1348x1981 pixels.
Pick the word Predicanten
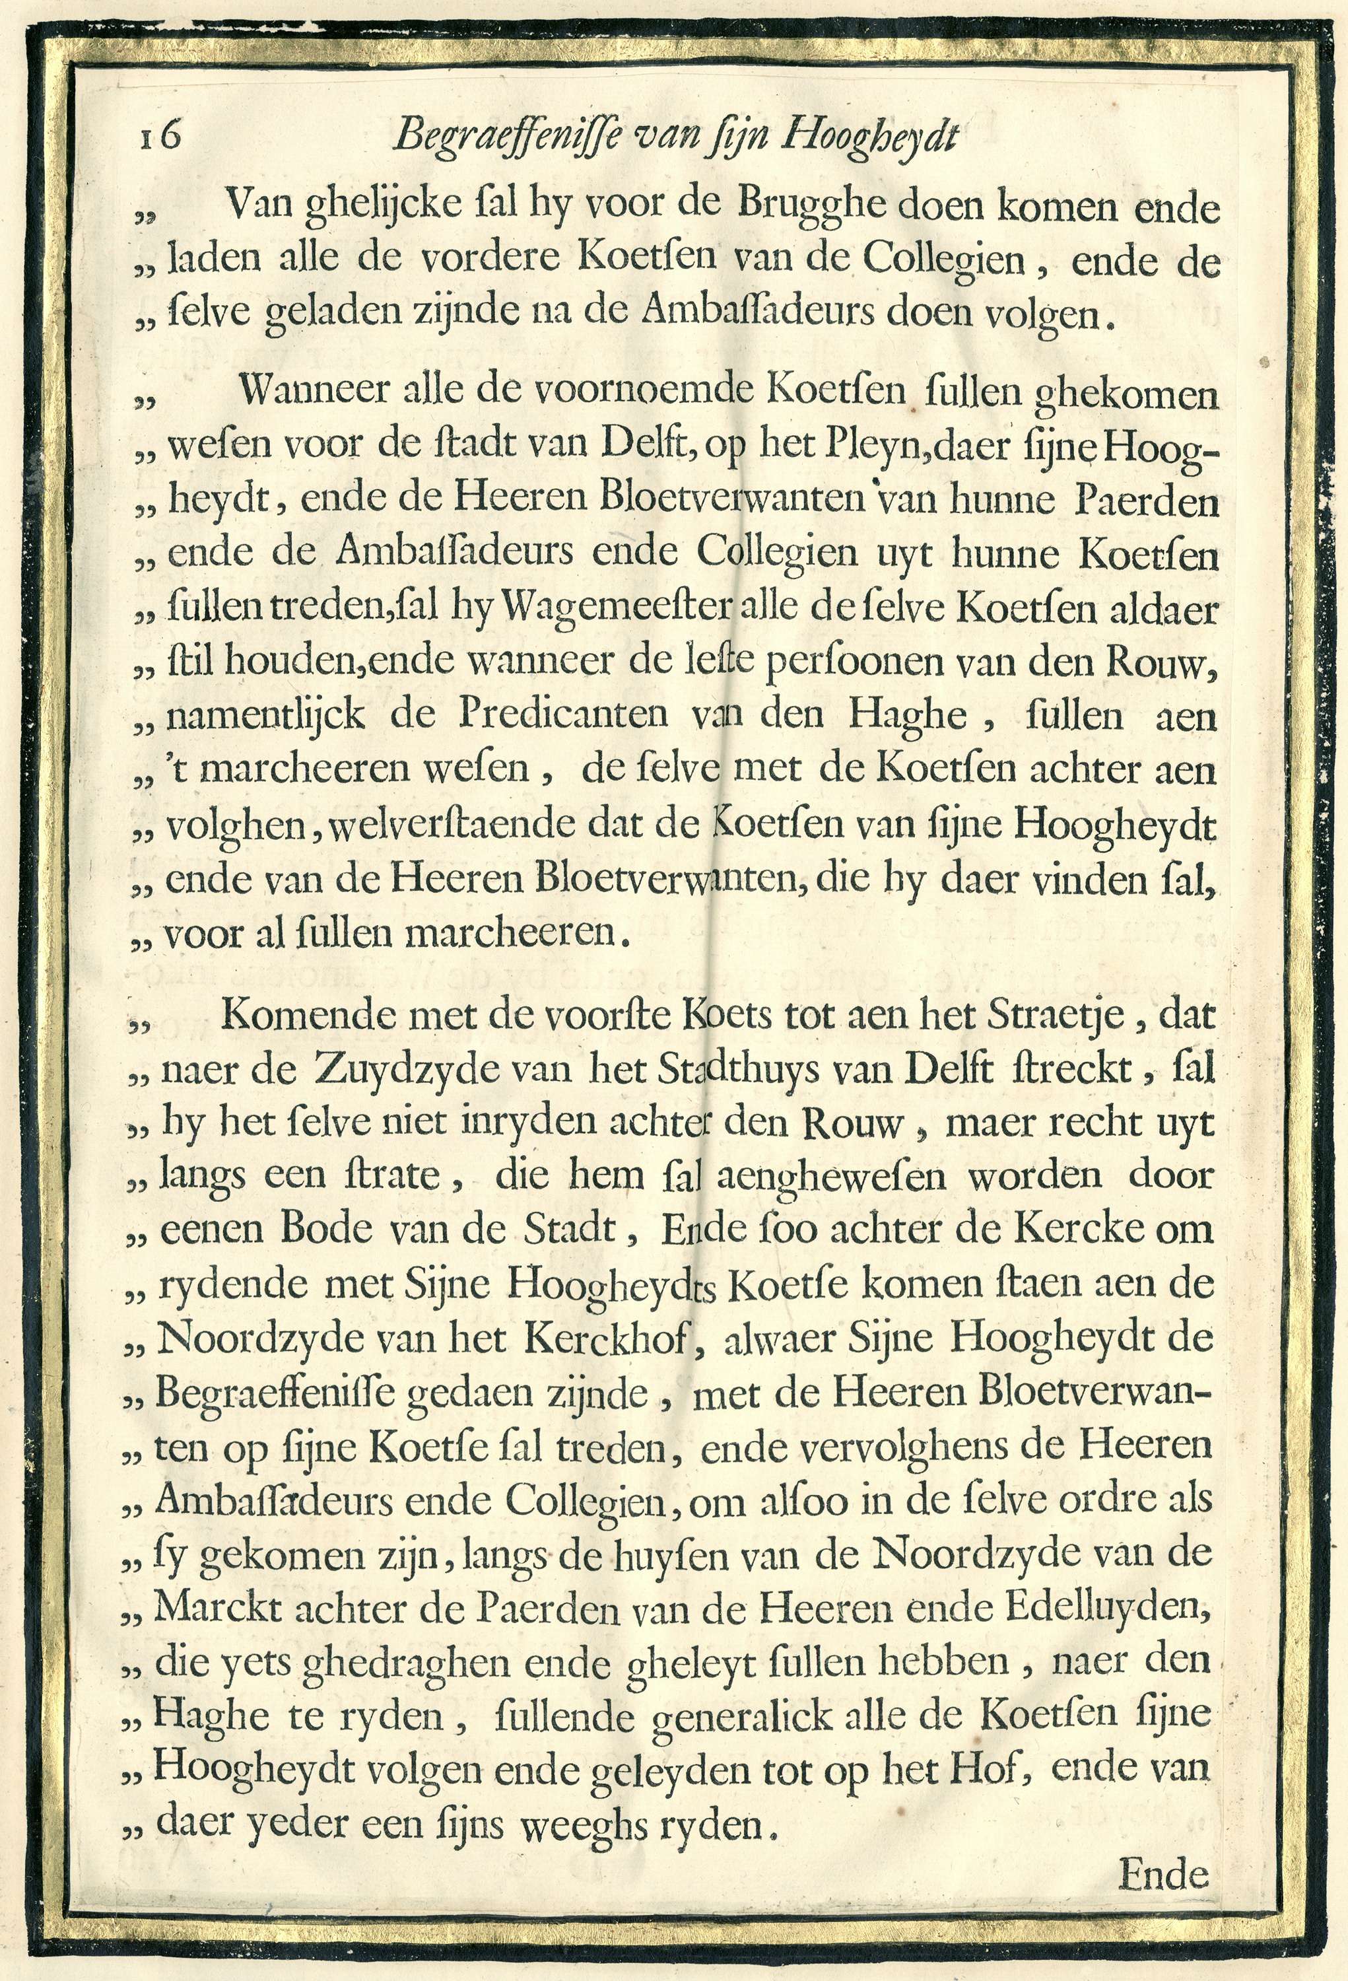(x=562, y=716)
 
